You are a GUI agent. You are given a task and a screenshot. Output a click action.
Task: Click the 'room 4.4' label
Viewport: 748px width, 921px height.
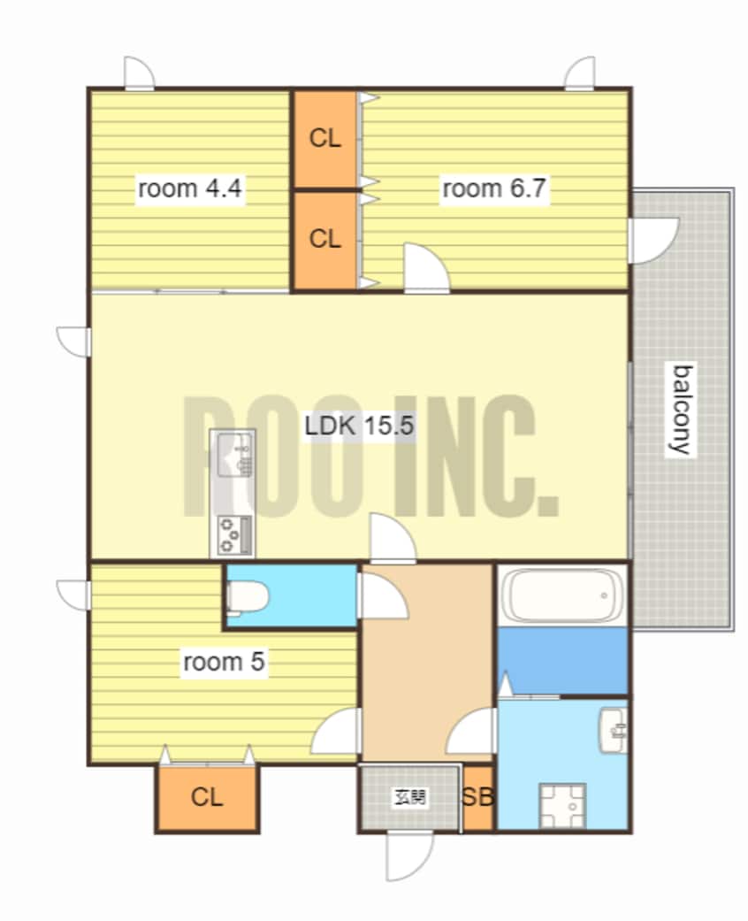[x=189, y=188]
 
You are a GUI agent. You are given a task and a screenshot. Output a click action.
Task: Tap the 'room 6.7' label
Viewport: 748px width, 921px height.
[x=494, y=188]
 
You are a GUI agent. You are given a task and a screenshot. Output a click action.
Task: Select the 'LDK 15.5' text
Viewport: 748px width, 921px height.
[x=359, y=425]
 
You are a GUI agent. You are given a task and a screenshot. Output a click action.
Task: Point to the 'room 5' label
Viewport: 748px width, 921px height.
[x=225, y=662]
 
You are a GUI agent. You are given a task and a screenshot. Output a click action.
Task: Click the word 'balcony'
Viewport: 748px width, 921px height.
[x=682, y=410]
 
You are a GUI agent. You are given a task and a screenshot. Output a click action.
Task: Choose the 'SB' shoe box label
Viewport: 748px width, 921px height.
[x=477, y=797]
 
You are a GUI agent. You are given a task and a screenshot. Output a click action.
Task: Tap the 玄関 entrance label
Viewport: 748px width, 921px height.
[x=410, y=797]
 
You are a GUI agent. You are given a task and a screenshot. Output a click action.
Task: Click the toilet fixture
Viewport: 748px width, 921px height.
[x=248, y=597]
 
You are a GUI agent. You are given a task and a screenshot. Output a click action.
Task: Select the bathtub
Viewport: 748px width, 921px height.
[x=562, y=595]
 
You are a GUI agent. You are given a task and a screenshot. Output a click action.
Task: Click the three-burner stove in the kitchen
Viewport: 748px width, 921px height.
[x=233, y=533]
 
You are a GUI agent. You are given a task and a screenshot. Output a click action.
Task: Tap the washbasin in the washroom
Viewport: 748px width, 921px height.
[x=613, y=730]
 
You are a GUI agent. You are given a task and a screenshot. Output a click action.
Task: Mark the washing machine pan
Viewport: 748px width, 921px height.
[x=562, y=805]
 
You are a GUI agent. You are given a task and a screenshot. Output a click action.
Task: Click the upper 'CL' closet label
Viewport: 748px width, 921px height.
[x=324, y=139]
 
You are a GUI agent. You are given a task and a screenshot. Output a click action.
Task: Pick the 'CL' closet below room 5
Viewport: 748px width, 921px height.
[x=207, y=797]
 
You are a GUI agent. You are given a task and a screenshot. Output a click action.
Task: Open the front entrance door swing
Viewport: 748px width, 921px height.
[x=409, y=856]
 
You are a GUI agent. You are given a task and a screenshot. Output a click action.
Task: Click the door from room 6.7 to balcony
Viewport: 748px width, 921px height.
[x=653, y=241]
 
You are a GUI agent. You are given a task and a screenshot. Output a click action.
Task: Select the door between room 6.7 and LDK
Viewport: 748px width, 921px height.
[x=427, y=268]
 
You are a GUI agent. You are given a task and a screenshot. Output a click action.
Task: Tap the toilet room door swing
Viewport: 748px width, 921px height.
[x=382, y=595]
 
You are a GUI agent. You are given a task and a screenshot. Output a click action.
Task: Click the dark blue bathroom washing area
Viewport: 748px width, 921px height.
[x=562, y=660]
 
